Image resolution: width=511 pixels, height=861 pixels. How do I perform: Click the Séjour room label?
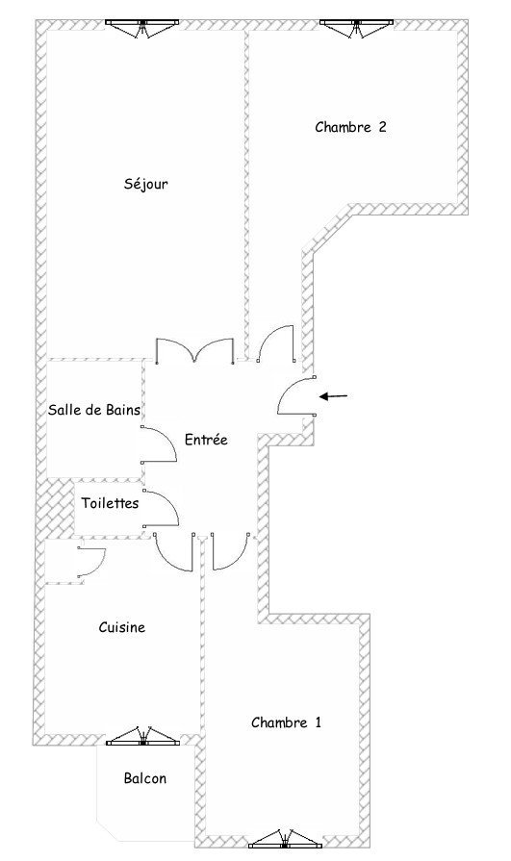click(x=145, y=184)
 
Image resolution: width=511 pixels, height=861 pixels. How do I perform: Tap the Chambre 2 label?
click(x=350, y=127)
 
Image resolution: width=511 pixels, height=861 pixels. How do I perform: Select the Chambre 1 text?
click(x=286, y=722)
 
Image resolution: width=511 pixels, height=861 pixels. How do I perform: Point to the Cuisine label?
click(x=122, y=627)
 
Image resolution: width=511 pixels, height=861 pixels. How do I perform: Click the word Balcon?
click(x=145, y=778)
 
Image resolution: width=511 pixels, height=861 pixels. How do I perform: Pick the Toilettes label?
click(x=111, y=503)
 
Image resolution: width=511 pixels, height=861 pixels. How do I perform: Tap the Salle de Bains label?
click(x=94, y=410)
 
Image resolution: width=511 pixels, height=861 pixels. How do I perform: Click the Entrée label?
click(x=206, y=440)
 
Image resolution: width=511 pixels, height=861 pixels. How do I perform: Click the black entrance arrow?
click(x=334, y=396)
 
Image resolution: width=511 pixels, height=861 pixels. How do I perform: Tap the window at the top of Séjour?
click(x=142, y=27)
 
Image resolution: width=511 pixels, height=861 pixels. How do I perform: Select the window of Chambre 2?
click(x=357, y=27)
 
